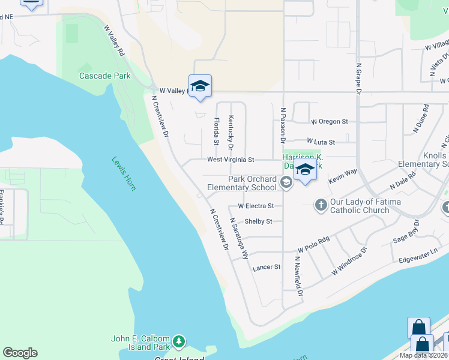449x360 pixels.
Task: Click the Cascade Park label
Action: [105, 76]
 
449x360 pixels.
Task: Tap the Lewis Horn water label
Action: [124, 173]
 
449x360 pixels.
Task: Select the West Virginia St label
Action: [231, 160]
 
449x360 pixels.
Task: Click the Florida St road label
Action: [216, 131]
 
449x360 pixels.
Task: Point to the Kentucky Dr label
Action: [230, 133]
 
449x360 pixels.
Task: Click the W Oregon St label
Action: [330, 121]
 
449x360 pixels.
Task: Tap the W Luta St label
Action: [321, 142]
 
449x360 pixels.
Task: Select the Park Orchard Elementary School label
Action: [242, 183]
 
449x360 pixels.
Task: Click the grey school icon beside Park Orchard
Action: [286, 184]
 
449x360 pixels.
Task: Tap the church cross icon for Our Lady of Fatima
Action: [321, 206]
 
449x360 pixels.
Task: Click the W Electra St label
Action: [256, 206]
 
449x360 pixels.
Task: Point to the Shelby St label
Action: [258, 221]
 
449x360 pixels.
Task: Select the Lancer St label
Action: [267, 267]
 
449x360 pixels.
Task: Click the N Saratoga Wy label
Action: [239, 238]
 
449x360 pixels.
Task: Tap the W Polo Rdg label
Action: [314, 245]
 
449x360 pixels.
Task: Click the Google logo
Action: [20, 353]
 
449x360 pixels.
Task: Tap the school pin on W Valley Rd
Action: [200, 86]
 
